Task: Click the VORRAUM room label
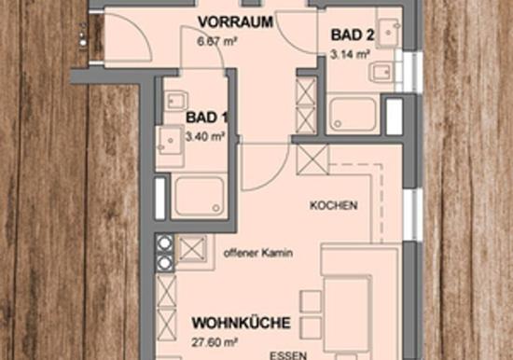[236, 22]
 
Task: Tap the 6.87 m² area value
[217, 42]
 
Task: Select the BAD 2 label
[353, 35]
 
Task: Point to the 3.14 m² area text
[350, 54]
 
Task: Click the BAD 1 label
[207, 118]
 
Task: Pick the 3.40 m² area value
[205, 136]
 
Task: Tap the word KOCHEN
[333, 205]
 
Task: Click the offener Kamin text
[258, 253]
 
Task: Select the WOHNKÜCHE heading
[242, 323]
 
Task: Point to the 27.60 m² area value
[215, 342]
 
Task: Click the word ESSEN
[288, 355]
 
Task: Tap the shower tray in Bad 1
[199, 195]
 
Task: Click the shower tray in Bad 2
[354, 114]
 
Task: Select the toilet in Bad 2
[381, 72]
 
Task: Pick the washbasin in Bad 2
[389, 32]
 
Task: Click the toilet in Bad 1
[175, 101]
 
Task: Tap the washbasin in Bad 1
[170, 141]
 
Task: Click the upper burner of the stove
[164, 242]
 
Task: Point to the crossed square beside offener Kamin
[192, 249]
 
